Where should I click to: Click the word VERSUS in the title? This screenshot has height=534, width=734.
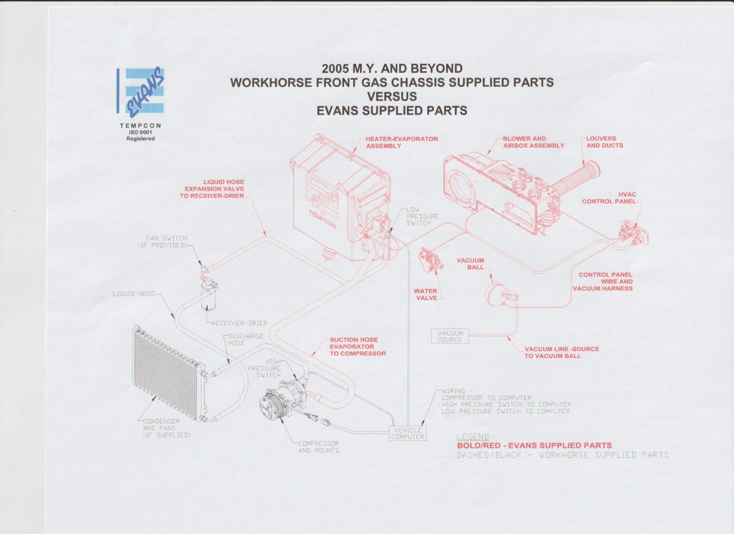pyautogui.click(x=392, y=96)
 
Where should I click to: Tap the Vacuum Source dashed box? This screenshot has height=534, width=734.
pyautogui.click(x=450, y=336)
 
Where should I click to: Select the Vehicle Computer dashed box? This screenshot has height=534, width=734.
pyautogui.click(x=408, y=433)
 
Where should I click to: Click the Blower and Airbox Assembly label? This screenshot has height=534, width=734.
pyautogui.click(x=533, y=142)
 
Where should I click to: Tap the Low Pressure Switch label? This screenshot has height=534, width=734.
pyautogui.click(x=422, y=216)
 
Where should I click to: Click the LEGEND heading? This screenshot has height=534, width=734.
pyautogui.click(x=472, y=437)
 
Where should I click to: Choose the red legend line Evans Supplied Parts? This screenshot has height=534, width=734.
pyautogui.click(x=534, y=446)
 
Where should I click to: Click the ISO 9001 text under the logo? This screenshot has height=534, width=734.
pyautogui.click(x=140, y=132)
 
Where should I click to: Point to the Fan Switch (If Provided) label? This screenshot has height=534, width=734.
pyautogui.click(x=163, y=242)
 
